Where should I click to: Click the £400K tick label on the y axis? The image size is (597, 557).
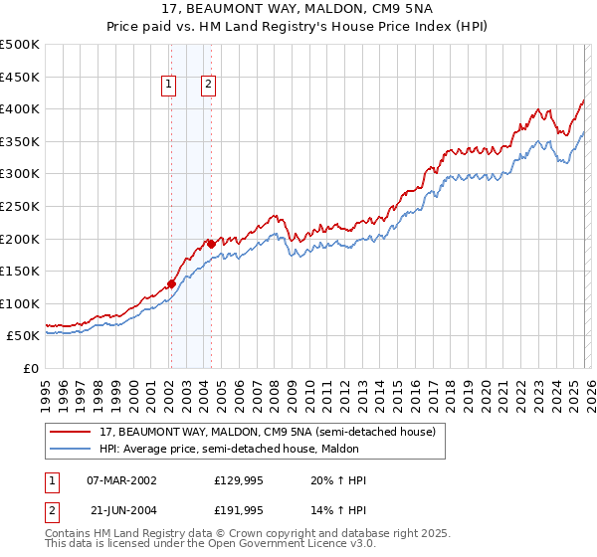tap(20, 108)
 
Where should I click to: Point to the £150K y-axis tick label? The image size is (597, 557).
tap(20, 271)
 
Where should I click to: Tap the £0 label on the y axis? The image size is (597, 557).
tap(31, 368)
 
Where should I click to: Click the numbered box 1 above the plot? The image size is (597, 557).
tap(170, 86)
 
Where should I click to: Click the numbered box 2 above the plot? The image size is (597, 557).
tap(209, 86)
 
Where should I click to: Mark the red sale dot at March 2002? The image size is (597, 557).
tap(171, 283)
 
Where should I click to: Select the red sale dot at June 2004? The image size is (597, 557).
tap(211, 243)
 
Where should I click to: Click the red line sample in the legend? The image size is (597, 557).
tap(72, 433)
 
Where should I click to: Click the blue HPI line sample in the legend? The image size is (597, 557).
tap(72, 450)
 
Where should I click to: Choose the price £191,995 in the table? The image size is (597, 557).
tap(237, 510)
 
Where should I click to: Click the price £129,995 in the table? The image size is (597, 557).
tap(237, 480)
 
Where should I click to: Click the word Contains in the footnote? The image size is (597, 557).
tap(69, 533)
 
